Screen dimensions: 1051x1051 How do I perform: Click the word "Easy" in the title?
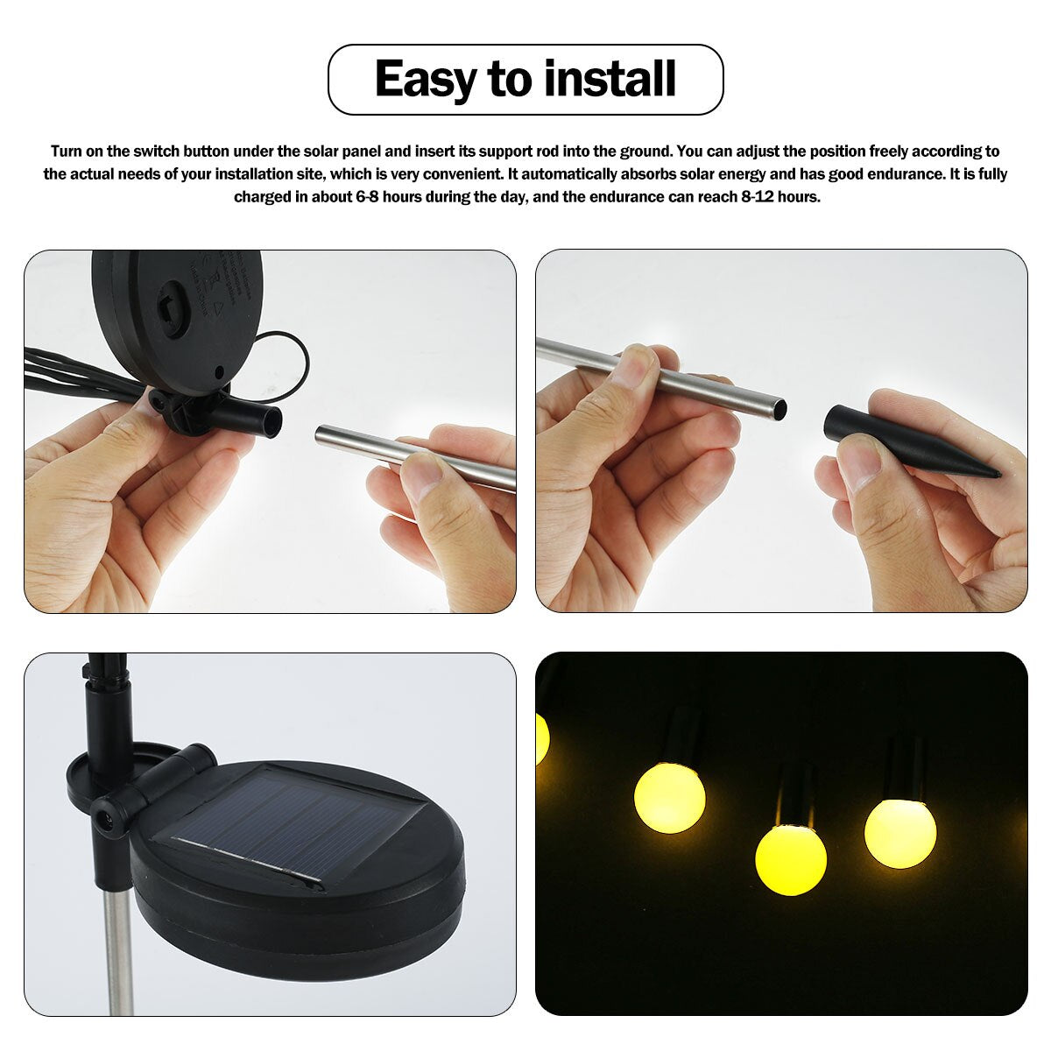426,79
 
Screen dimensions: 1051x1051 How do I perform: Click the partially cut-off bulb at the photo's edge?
541,738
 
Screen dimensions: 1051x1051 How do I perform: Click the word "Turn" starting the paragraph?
67,152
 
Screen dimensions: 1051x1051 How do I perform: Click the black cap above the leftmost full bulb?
682,736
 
